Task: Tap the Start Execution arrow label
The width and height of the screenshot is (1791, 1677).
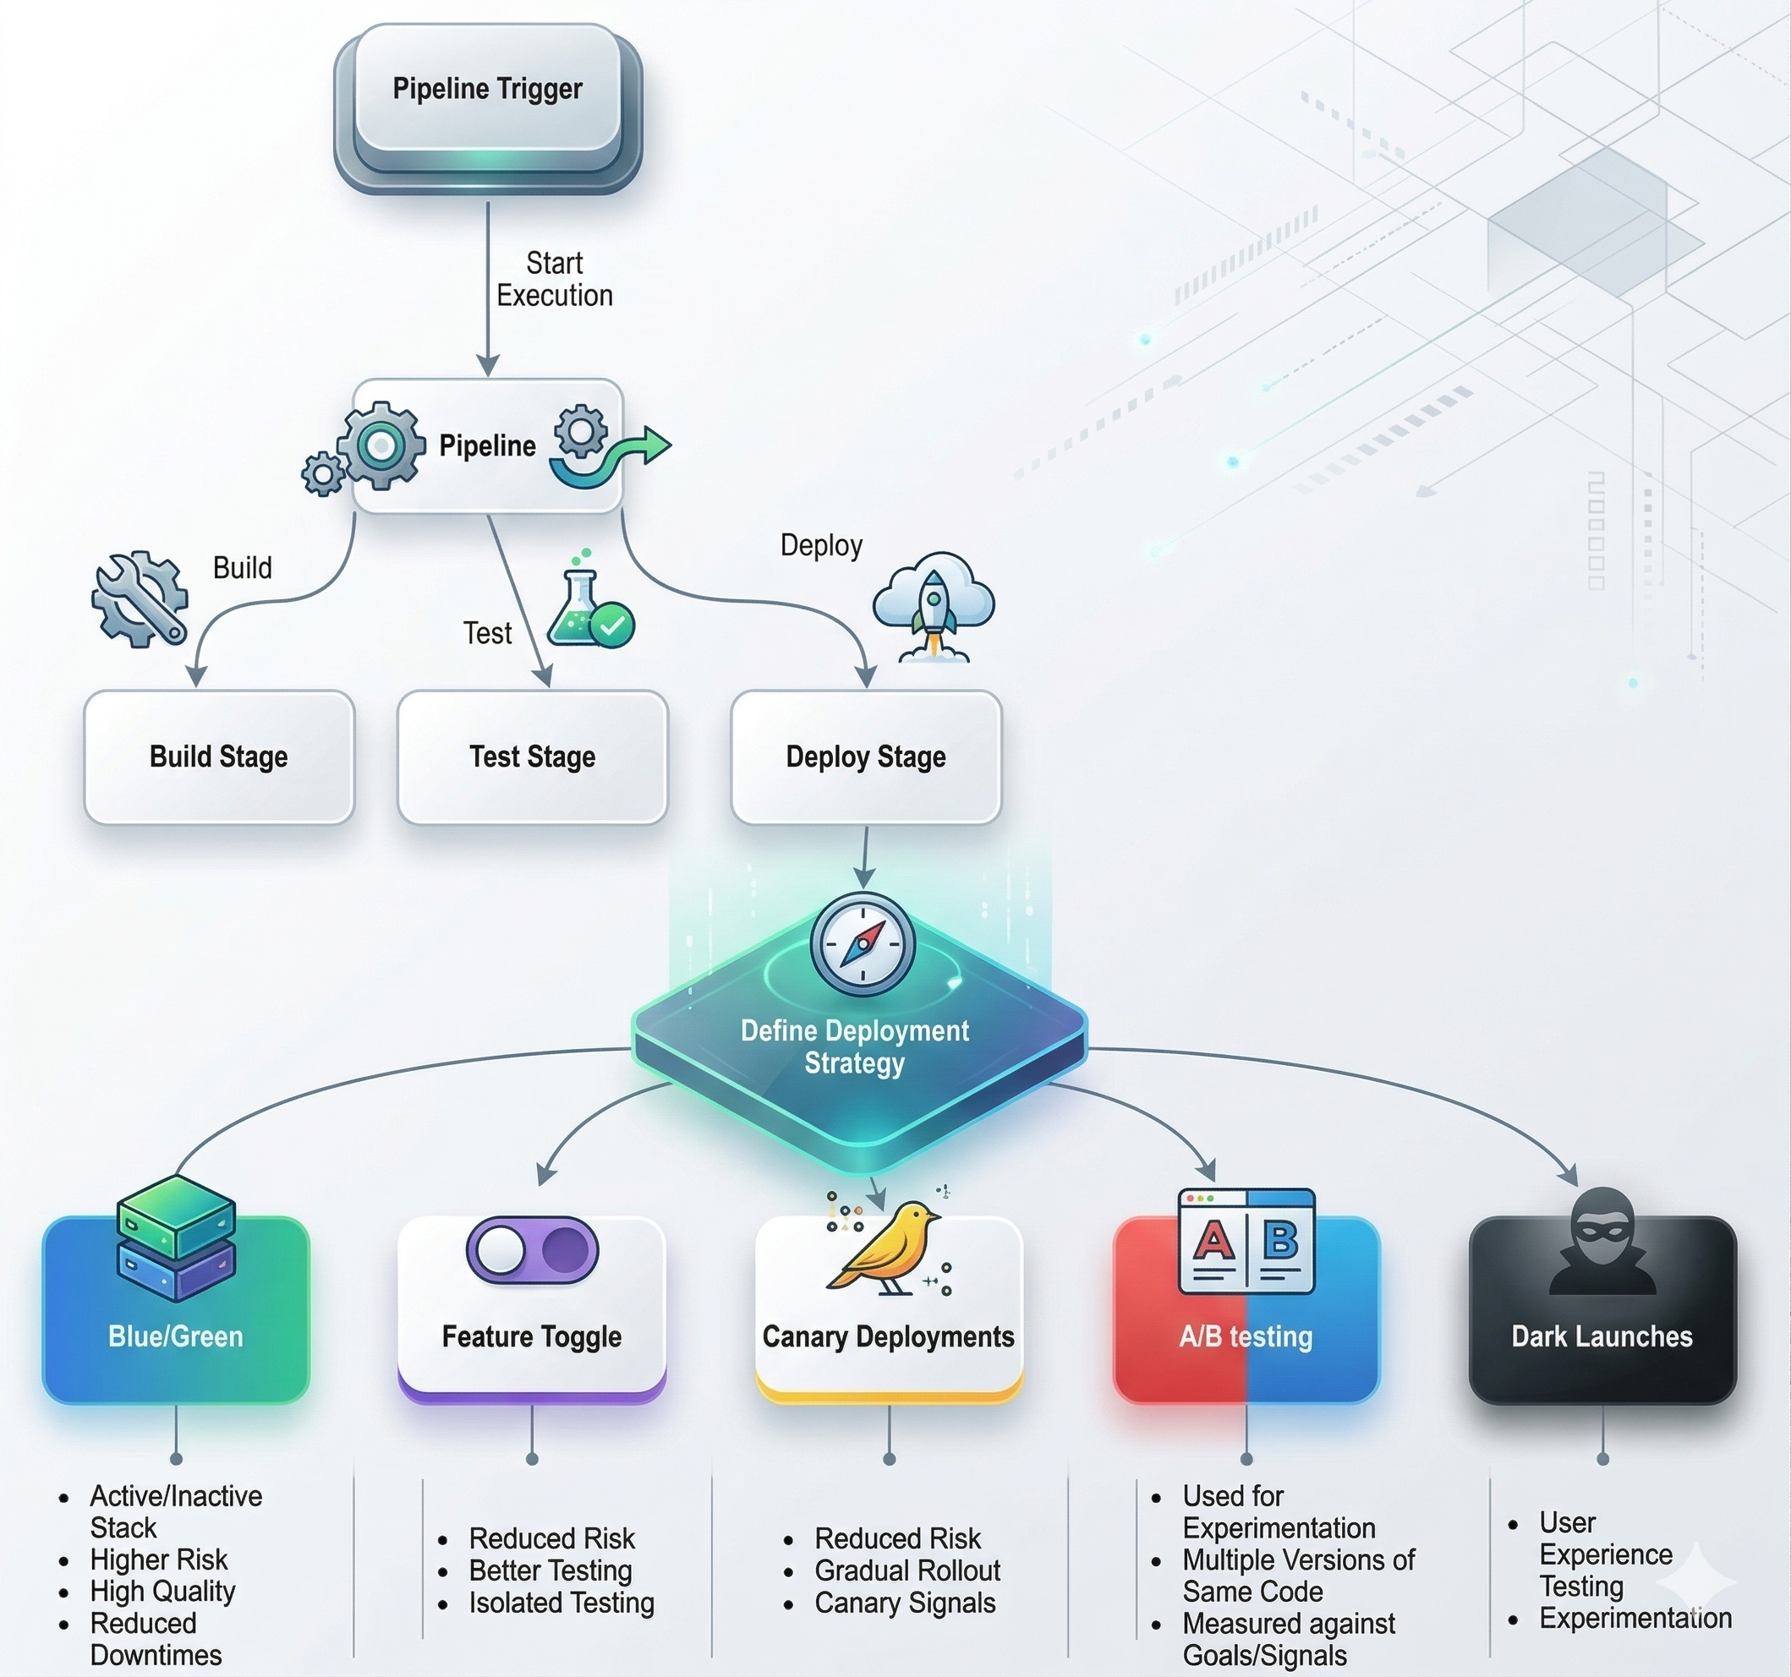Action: [x=554, y=279]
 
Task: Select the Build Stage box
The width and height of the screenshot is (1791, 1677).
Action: [x=219, y=757]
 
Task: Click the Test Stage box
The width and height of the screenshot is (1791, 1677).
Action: [x=533, y=757]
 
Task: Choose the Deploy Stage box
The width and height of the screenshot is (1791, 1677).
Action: [x=866, y=757]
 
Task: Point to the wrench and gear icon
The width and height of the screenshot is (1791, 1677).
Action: [x=140, y=599]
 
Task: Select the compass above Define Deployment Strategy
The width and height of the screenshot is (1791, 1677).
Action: [x=863, y=944]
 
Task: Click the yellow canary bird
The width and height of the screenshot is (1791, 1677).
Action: [x=887, y=1248]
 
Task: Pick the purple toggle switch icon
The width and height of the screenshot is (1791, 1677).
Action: [x=532, y=1250]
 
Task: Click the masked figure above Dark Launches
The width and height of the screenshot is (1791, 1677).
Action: [x=1601, y=1241]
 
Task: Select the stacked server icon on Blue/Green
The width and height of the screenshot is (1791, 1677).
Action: [x=176, y=1238]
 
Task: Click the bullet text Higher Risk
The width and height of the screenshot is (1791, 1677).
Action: [x=159, y=1559]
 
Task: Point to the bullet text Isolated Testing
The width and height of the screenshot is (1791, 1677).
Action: [x=561, y=1603]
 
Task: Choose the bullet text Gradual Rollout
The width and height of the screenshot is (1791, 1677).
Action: [x=906, y=1570]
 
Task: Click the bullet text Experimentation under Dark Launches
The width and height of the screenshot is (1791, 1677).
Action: [x=1635, y=1618]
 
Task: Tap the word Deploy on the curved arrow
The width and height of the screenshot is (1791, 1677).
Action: [x=821, y=545]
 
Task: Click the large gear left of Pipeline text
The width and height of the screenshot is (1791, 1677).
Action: [x=382, y=445]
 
